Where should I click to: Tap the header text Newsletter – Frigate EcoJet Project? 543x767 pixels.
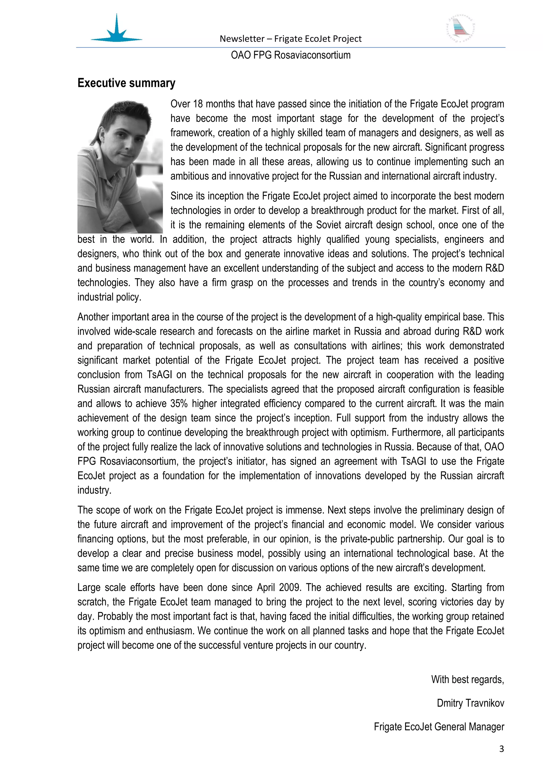point(291,39)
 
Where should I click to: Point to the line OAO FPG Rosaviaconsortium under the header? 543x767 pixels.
point(291,55)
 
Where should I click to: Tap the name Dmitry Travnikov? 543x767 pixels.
point(470,703)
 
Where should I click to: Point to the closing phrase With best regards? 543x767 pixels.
point(467,680)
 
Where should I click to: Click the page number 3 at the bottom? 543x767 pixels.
point(501,749)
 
